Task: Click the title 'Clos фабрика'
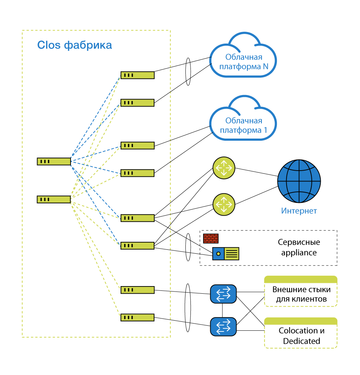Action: tap(75, 45)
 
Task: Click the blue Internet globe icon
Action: tap(299, 181)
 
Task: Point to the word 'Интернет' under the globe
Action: tap(299, 211)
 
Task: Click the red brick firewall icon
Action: tap(211, 238)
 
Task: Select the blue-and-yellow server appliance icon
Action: tap(226, 253)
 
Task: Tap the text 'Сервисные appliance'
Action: tap(299, 247)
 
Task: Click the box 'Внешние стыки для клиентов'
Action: tap(301, 291)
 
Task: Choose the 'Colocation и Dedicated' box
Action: tap(301, 333)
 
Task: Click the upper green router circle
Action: tap(224, 168)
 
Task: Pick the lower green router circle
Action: tap(224, 204)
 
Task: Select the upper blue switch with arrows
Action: tap(224, 294)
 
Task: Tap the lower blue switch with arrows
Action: tap(224, 327)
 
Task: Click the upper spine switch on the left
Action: tap(54, 162)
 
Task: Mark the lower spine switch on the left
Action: tap(54, 199)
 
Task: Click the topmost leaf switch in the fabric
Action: tap(138, 75)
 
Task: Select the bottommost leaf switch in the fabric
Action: tap(138, 317)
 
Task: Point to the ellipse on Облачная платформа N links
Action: tap(188, 72)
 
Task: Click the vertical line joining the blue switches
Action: tap(222, 311)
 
